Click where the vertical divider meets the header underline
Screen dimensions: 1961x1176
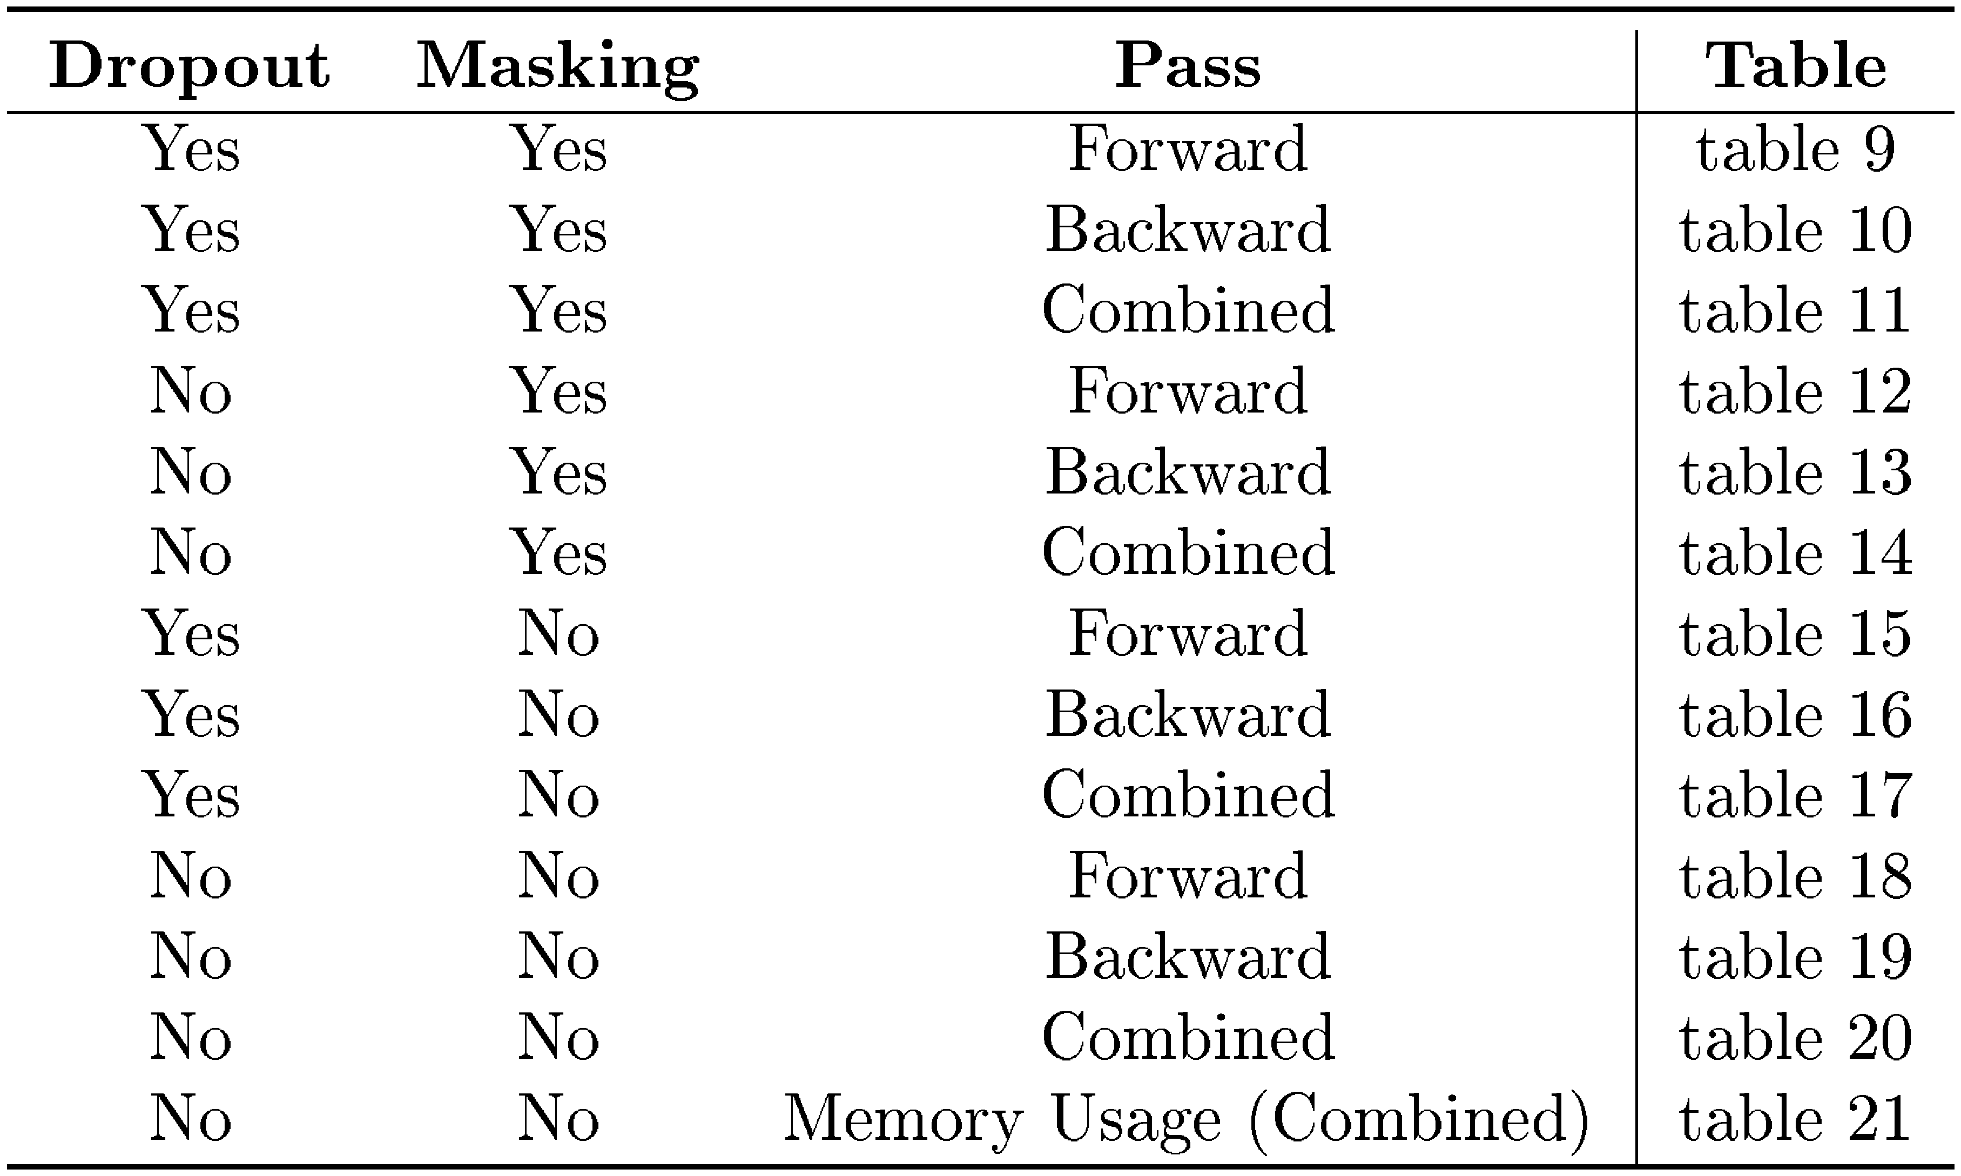[1636, 112]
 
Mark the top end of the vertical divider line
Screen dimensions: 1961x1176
[1636, 31]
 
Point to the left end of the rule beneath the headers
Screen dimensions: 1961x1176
[7, 112]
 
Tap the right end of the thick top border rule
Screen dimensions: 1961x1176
[1955, 10]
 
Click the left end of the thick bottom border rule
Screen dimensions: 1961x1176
[7, 1166]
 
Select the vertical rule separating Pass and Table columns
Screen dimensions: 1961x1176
[1636, 598]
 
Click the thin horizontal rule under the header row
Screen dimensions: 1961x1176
[981, 112]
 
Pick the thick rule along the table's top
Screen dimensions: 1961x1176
[981, 10]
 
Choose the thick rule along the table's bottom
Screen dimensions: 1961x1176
[981, 1166]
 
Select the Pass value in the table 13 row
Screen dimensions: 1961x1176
[1188, 471]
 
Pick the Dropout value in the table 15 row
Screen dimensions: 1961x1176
[191, 633]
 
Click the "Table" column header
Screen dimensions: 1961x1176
[1795, 64]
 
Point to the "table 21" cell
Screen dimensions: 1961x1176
[1795, 1118]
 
